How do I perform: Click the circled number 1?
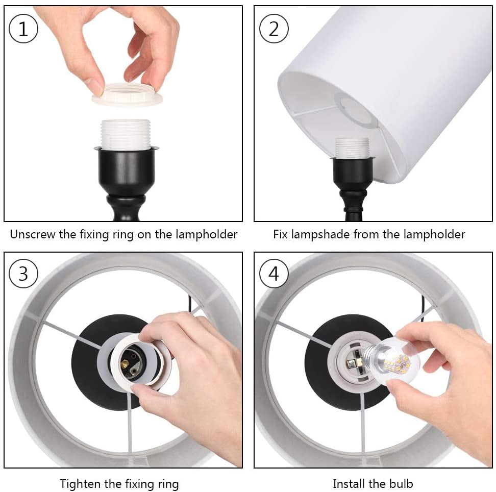(x=23, y=29)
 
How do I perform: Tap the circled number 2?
(x=274, y=29)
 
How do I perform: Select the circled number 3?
(x=23, y=274)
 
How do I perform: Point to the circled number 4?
(x=274, y=274)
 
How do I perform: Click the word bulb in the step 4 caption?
(x=401, y=484)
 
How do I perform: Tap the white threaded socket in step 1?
(x=126, y=134)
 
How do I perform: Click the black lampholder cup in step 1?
(x=126, y=170)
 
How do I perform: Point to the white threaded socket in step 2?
(x=352, y=148)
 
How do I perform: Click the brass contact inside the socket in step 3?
(x=126, y=364)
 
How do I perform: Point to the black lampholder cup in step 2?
(x=352, y=174)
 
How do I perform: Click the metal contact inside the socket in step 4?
(x=351, y=364)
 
